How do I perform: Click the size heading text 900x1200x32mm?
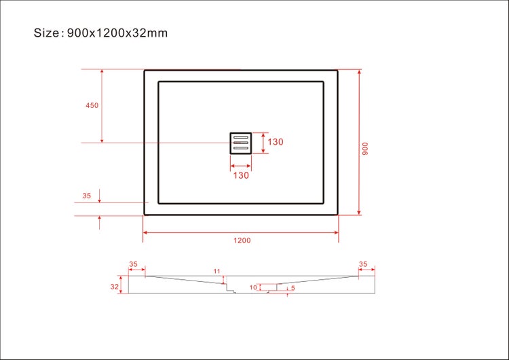[x=117, y=33]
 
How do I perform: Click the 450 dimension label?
[x=92, y=105]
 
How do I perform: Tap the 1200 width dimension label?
[x=242, y=240]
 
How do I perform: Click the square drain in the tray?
[x=241, y=143]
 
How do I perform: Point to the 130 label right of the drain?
[x=275, y=143]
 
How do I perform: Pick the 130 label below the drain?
[x=241, y=175]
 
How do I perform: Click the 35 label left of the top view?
[x=86, y=196]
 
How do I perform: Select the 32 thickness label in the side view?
[x=115, y=287]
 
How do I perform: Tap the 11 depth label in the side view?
[x=217, y=272]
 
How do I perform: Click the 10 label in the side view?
[x=252, y=287]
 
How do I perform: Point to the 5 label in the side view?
[x=293, y=288]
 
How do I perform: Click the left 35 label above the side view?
[x=133, y=264]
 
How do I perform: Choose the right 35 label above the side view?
[x=363, y=264]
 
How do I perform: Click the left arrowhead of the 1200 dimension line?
[x=145, y=233]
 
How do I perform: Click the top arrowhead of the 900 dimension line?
[x=359, y=72]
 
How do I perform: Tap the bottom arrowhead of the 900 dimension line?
[x=359, y=212]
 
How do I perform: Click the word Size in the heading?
[x=47, y=33]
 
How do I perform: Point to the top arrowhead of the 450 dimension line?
[x=102, y=72]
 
